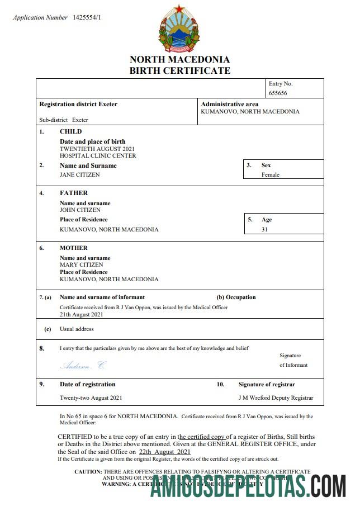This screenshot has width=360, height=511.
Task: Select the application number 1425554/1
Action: click(87, 18)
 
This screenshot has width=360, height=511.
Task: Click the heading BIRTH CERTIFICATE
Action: click(179, 70)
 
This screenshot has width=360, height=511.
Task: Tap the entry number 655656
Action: click(278, 93)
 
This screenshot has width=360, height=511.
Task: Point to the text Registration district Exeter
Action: click(78, 104)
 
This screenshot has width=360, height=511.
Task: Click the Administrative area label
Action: click(229, 104)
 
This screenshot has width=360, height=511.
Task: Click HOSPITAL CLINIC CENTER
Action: click(98, 156)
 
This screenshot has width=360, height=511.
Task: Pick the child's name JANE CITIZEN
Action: click(80, 174)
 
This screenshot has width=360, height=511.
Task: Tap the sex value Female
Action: click(271, 174)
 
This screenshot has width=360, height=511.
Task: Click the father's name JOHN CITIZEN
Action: click(80, 210)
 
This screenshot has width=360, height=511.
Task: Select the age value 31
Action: click(265, 229)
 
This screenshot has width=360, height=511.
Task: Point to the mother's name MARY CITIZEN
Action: click(81, 264)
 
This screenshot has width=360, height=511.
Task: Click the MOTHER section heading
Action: click(74, 248)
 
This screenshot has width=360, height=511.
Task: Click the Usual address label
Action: click(77, 329)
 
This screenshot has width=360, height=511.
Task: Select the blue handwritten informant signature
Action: click(82, 366)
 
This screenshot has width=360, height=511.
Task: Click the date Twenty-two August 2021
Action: click(91, 398)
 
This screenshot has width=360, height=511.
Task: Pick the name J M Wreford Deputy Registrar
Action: click(276, 398)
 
